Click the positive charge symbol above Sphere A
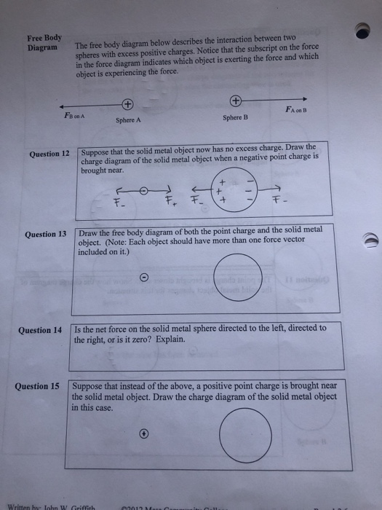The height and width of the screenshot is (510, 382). coord(128,104)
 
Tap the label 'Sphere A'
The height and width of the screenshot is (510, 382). coord(128,120)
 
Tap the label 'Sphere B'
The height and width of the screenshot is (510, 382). coord(235,117)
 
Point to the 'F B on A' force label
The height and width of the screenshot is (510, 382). coord(75,114)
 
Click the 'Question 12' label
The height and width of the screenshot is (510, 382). coord(49,154)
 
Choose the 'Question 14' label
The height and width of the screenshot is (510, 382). coord(40,330)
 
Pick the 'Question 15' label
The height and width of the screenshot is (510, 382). coord(37,386)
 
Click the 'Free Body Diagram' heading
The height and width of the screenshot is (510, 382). coord(44,42)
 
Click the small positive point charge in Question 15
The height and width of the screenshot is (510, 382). coord(144,433)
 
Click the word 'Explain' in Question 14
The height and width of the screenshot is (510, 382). coord(169,339)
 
